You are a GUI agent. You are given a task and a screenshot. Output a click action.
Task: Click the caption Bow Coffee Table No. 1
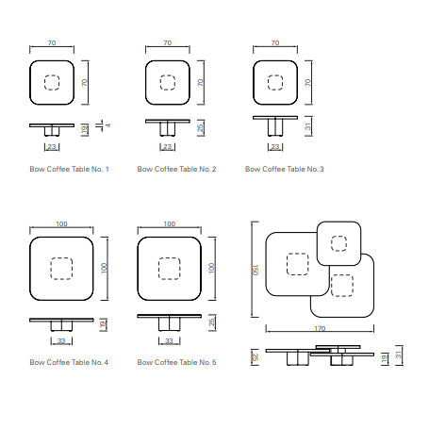(69, 169)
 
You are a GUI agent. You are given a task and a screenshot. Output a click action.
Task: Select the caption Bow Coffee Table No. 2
(176, 169)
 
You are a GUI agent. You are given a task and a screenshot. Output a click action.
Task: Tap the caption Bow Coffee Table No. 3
(285, 169)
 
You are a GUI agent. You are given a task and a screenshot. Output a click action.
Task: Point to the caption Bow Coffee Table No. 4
(69, 362)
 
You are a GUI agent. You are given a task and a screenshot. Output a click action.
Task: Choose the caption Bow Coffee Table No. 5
(176, 362)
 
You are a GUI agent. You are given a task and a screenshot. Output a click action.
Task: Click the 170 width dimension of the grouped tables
(320, 328)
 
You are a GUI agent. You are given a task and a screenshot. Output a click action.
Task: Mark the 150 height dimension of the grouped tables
(256, 270)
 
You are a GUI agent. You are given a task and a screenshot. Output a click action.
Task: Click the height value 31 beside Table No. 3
(308, 126)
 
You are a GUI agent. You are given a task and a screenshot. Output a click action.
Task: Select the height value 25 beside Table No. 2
(200, 127)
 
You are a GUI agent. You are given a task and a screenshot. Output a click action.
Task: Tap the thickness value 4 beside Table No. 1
(108, 125)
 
